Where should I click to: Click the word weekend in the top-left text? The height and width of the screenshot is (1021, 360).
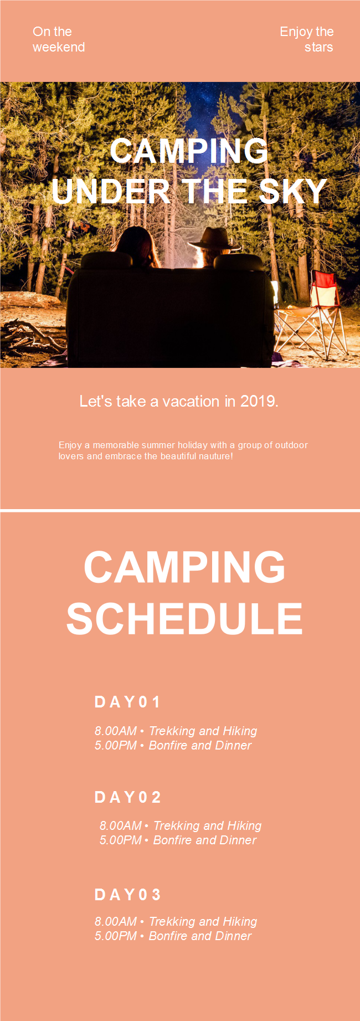(x=59, y=47)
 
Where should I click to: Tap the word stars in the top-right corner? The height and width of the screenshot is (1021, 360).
(x=319, y=47)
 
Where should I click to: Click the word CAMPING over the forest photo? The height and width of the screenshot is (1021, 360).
(x=189, y=151)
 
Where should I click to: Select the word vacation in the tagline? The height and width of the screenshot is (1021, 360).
(x=191, y=401)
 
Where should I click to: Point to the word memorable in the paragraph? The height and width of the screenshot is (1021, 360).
(x=116, y=445)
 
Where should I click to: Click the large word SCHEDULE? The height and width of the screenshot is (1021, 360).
(x=184, y=619)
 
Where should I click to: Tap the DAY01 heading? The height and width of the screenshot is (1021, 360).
(x=127, y=702)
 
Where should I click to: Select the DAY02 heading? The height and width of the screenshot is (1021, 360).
(x=128, y=797)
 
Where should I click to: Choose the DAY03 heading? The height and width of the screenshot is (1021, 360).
(x=128, y=895)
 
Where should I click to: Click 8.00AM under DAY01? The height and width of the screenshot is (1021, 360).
(x=115, y=731)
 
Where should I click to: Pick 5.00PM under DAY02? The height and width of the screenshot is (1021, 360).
(x=120, y=840)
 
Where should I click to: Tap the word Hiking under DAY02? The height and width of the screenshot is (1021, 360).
(x=244, y=826)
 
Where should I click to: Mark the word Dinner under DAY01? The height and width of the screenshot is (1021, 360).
(x=233, y=745)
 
